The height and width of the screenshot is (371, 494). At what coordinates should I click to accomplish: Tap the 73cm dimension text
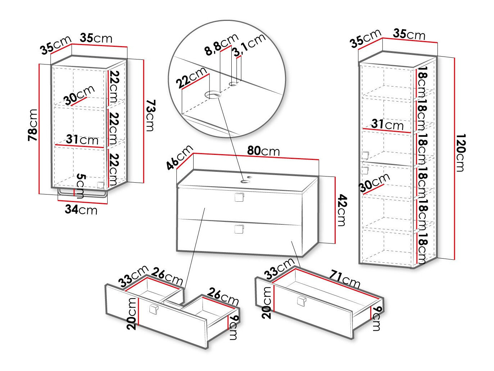click(x=149, y=116)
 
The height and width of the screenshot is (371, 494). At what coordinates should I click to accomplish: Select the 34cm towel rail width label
click(x=81, y=209)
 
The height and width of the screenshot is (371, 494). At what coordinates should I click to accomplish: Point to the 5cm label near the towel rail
click(x=81, y=185)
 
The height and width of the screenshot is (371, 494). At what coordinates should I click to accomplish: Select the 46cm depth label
click(x=180, y=157)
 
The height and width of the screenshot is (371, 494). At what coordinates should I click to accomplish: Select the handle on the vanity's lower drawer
click(x=239, y=229)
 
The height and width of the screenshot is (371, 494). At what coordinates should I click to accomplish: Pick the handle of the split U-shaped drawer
click(x=154, y=309)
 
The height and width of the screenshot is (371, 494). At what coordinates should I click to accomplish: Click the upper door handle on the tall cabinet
click(x=365, y=156)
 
